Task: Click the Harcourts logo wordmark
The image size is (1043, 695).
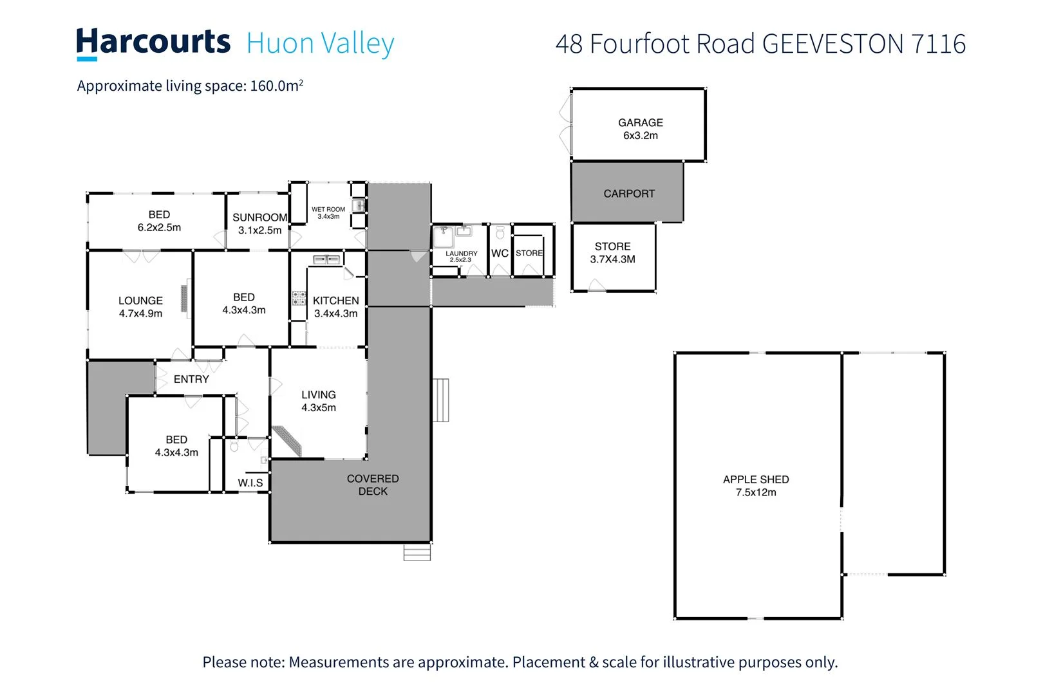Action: (x=153, y=42)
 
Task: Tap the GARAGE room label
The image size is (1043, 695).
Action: (x=640, y=122)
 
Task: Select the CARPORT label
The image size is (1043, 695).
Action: (x=629, y=194)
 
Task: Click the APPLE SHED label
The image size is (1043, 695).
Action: (x=756, y=479)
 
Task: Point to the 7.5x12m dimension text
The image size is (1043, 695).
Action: (x=756, y=492)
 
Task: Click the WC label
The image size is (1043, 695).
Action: (x=500, y=254)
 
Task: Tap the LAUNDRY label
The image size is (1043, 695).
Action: (x=462, y=254)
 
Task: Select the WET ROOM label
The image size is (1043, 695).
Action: (x=328, y=209)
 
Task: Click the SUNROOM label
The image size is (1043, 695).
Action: (x=259, y=218)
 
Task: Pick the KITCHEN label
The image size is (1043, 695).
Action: (x=335, y=301)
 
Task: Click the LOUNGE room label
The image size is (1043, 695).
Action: (x=140, y=301)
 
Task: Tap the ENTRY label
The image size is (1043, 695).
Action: (x=191, y=380)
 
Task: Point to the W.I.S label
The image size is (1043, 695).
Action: (x=250, y=483)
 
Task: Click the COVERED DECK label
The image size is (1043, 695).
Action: (x=373, y=485)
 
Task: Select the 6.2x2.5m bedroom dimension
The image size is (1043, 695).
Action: (x=159, y=228)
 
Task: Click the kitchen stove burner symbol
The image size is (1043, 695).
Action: (x=299, y=298)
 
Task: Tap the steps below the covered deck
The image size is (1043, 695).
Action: (x=417, y=553)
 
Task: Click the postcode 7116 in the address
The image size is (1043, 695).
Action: (x=938, y=44)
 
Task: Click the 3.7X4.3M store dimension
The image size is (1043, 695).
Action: (x=612, y=259)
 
